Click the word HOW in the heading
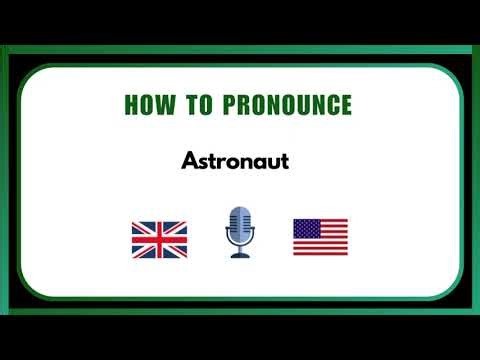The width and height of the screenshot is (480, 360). [x=147, y=105]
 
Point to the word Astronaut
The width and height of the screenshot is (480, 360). [x=235, y=160]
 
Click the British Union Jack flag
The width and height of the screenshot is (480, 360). [x=159, y=238]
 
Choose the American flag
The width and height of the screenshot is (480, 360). [x=320, y=237]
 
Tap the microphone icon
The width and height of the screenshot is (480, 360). [x=240, y=233]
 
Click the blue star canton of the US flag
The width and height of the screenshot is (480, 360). [x=305, y=227]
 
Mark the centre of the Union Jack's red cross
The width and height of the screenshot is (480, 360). [x=159, y=238]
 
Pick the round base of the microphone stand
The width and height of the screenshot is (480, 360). [x=240, y=256]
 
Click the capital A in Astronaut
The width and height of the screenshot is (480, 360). [x=189, y=160]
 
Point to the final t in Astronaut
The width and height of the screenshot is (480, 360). [x=284, y=160]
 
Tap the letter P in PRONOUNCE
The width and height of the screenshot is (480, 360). [x=219, y=105]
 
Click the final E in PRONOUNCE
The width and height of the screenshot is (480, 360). [x=345, y=105]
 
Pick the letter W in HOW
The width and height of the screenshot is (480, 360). [x=164, y=105]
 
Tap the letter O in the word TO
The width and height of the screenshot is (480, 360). [x=198, y=105]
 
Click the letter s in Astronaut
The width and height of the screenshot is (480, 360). [x=201, y=161]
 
